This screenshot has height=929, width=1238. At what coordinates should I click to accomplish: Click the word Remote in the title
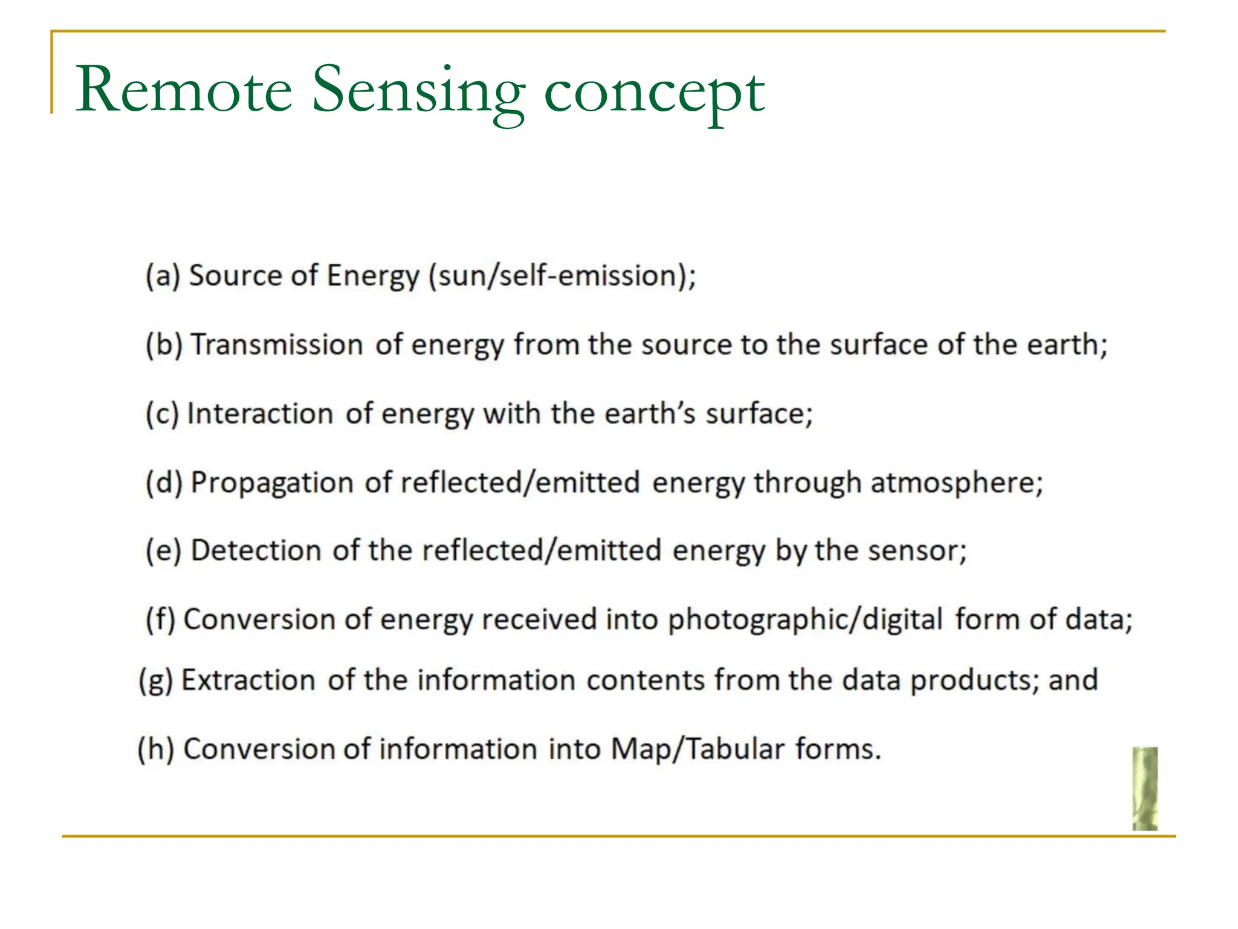(184, 91)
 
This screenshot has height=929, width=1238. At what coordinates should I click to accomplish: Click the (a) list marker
(163, 276)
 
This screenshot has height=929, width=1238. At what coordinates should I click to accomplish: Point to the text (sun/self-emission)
(562, 276)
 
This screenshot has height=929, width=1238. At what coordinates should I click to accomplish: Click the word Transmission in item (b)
(277, 345)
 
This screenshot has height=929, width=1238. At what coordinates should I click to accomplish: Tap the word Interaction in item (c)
(260, 414)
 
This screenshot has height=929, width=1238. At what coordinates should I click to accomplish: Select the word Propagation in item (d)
(272, 483)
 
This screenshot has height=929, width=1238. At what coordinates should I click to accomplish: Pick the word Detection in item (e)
(256, 551)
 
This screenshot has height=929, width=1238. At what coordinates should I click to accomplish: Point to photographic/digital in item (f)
(805, 621)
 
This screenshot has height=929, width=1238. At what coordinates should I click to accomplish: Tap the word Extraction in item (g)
(248, 680)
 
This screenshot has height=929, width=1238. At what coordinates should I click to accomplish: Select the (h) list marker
(155, 749)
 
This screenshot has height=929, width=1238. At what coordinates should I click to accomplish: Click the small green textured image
(1144, 788)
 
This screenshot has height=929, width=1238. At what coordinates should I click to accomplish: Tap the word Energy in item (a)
(373, 276)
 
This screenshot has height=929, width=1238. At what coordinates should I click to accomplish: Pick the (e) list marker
(163, 551)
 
